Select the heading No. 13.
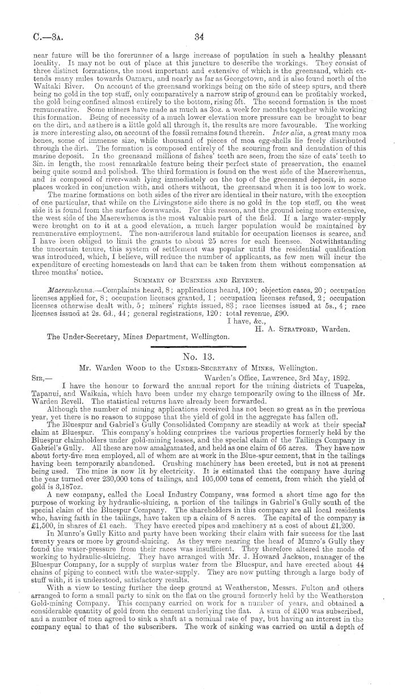(x=198, y=357)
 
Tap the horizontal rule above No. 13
(x=198, y=346)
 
